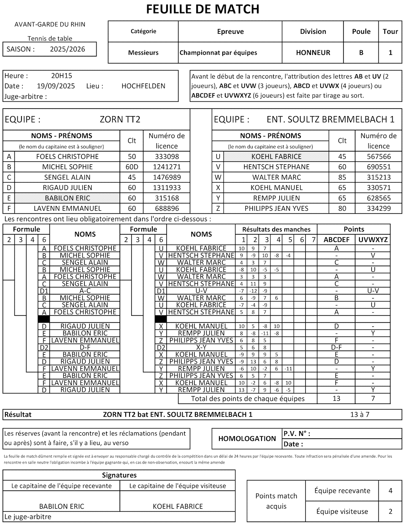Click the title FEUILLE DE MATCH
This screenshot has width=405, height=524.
click(x=202, y=9)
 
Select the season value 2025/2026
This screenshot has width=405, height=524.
click(x=67, y=49)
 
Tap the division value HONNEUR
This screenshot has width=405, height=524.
click(x=313, y=53)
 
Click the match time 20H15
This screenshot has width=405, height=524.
click(x=62, y=76)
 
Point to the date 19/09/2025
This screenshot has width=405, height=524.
click(x=56, y=86)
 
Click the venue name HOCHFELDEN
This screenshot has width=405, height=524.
click(x=143, y=86)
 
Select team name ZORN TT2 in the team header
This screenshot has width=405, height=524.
click(x=120, y=119)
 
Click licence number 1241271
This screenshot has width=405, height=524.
click(x=167, y=167)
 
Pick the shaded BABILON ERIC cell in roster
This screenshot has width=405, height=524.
click(x=67, y=198)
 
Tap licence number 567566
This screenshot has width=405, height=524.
click(x=378, y=157)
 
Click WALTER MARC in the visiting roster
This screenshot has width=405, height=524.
click(x=277, y=177)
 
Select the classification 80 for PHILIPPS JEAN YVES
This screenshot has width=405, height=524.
click(x=342, y=208)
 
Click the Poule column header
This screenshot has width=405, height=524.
click(x=361, y=32)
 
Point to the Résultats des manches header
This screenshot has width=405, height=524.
click(x=276, y=229)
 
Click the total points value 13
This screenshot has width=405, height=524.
click(x=336, y=399)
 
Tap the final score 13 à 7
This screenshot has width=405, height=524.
click(x=359, y=415)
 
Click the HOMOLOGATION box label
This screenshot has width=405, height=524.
click(x=247, y=439)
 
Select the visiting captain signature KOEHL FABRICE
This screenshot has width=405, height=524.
click(x=178, y=506)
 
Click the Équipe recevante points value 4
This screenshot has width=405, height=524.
click(x=390, y=491)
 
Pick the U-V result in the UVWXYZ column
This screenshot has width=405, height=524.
click(x=373, y=291)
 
